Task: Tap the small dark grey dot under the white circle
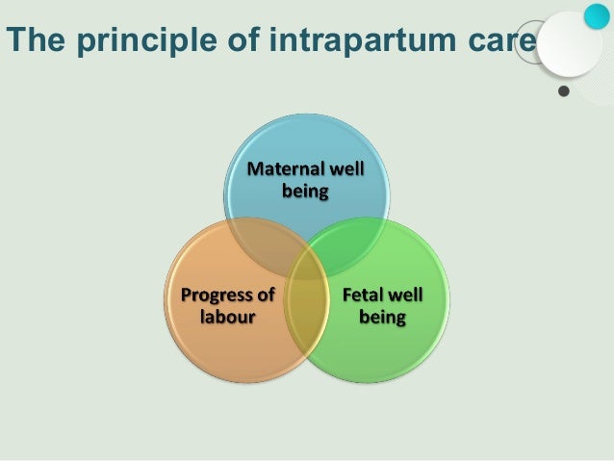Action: [x=564, y=92]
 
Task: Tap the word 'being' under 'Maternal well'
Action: [x=305, y=191]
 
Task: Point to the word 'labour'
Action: [x=227, y=316]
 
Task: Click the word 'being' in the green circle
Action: [x=382, y=316]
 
